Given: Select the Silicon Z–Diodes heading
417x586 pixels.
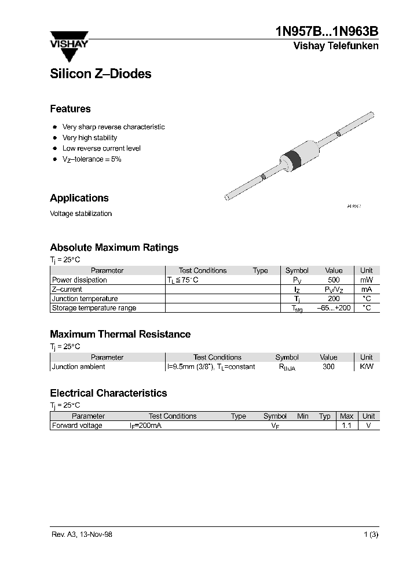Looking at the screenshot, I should click(100, 74).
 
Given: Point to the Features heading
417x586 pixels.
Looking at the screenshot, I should click(70, 109).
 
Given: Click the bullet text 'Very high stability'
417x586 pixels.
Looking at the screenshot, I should click(90, 138).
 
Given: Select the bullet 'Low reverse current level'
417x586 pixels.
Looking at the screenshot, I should click(101, 148).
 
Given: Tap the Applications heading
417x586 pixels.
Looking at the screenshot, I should click(79, 198).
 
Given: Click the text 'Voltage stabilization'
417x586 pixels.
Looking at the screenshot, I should click(81, 214).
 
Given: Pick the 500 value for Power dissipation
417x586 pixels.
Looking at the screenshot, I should click(334, 280).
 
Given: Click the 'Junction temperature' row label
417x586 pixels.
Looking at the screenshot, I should click(85, 299).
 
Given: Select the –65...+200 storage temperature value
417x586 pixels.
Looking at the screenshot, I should click(334, 308).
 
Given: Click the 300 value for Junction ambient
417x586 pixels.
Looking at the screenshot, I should click(328, 367).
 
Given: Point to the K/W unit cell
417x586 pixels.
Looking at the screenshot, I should click(366, 367).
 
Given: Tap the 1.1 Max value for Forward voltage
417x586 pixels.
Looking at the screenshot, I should click(346, 426).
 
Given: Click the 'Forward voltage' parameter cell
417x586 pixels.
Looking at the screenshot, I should click(77, 426).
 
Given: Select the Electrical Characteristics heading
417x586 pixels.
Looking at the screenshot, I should click(108, 393).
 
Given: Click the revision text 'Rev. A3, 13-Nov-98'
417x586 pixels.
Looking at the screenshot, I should click(82, 534).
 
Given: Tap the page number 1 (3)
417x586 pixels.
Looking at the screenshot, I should click(371, 534).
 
